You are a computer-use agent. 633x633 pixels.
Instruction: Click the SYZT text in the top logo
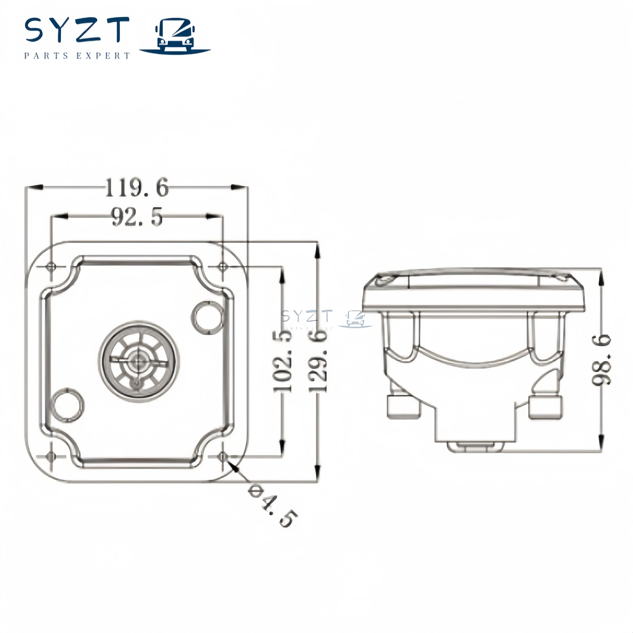click(x=77, y=30)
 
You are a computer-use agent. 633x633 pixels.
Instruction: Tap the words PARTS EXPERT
click(x=77, y=56)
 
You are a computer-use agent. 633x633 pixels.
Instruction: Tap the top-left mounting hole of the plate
click(x=51, y=266)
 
